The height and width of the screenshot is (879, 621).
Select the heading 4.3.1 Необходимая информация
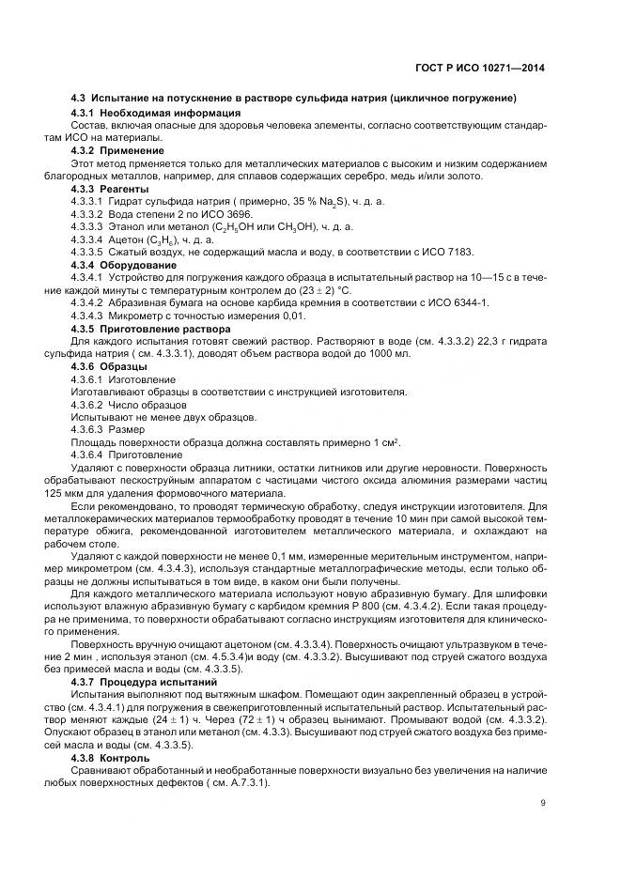point(136,113)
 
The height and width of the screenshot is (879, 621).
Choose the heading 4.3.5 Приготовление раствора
point(150,330)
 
